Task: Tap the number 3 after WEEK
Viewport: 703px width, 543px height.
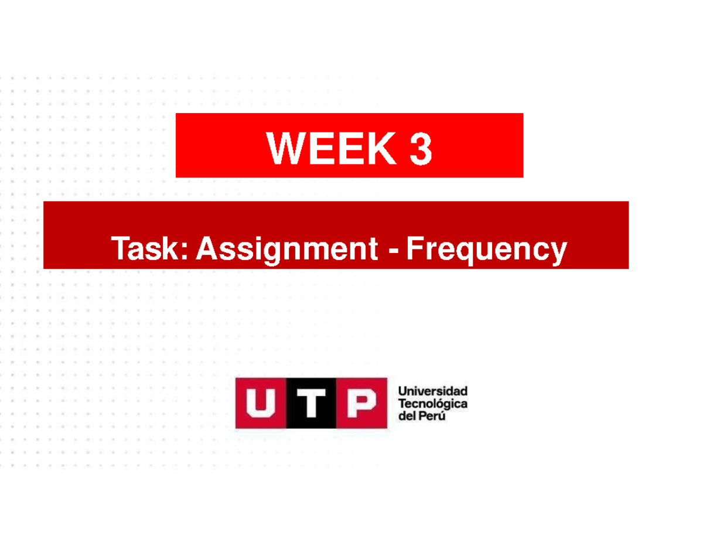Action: (421, 149)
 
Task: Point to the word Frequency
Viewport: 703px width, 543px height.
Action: (486, 250)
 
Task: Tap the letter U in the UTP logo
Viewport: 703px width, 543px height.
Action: (261, 403)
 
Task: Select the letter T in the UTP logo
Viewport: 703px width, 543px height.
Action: (311, 403)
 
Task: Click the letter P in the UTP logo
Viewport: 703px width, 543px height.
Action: (362, 403)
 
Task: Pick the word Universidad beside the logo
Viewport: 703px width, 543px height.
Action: (432, 391)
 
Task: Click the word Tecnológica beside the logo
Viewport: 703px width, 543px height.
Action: (432, 404)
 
